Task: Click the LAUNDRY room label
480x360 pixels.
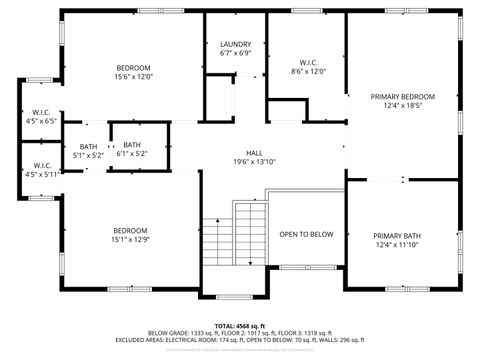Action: [235, 44]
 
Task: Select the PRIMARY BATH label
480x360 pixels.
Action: [398, 236]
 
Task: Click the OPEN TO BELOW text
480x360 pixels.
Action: [306, 234]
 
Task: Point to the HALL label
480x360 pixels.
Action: [240, 153]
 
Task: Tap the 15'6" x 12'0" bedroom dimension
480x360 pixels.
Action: [132, 77]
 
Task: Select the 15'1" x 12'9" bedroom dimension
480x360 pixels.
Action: [130, 239]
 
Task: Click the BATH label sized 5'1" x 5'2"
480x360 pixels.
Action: [89, 147]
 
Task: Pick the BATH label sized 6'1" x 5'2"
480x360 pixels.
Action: [132, 145]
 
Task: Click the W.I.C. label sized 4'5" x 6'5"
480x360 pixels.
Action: [41, 112]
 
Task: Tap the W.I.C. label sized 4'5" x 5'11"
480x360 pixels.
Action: [41, 166]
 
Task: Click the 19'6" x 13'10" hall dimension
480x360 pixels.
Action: [240, 162]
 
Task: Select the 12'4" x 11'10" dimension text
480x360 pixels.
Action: [398, 245]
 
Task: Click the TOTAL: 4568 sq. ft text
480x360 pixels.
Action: [240, 326]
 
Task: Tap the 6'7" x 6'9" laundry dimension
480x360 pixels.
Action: [235, 53]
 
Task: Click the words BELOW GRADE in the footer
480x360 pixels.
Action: [165, 333]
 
